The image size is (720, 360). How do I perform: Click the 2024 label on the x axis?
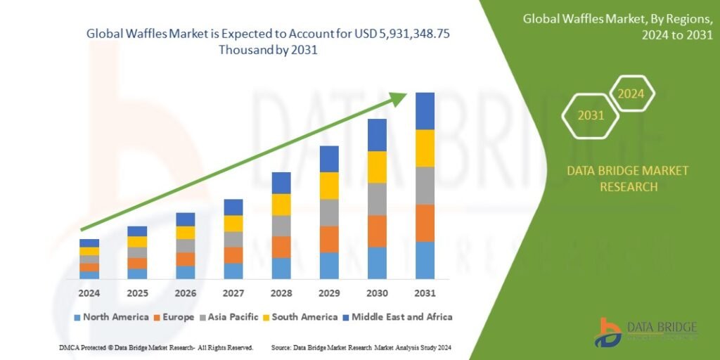click(89, 292)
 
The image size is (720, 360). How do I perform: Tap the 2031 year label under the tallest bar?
click(425, 292)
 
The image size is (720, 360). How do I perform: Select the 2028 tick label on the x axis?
click(281, 292)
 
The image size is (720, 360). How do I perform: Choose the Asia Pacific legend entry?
click(231, 317)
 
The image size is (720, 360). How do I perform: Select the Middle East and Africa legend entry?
click(398, 317)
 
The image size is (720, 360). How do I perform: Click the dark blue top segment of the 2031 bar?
click(425, 111)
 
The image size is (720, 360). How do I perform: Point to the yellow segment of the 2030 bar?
click(377, 167)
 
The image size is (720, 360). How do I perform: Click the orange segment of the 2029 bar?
click(329, 239)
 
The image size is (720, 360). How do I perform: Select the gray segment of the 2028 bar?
click(281, 226)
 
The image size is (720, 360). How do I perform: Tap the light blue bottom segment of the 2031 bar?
click(425, 260)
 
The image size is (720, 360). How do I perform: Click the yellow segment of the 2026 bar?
click(185, 233)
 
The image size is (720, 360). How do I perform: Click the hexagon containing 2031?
click(591, 115)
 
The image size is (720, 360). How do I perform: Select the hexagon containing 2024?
click(631, 93)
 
